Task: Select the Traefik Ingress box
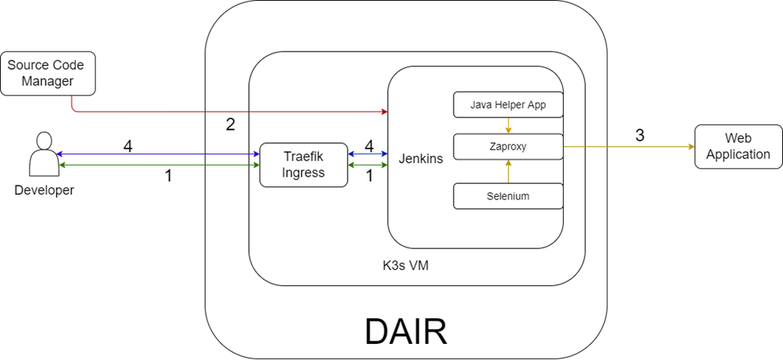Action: point(304,164)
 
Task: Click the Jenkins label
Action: point(421,159)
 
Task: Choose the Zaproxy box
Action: point(507,147)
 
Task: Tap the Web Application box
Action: point(737,146)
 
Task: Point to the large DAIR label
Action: point(406,331)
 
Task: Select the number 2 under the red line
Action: point(230,125)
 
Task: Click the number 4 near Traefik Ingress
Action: point(369,146)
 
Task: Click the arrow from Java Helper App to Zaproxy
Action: point(507,125)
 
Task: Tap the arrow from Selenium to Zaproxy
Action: point(507,171)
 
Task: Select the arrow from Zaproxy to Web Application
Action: point(626,147)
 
